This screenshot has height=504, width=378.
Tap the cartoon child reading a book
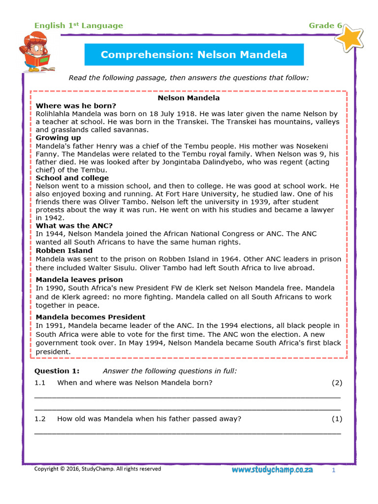pos(36,52)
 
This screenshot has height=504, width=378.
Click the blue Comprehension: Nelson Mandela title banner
pos(194,55)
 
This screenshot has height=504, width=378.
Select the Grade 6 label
pos(325,26)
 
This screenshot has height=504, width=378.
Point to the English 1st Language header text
pos(78,26)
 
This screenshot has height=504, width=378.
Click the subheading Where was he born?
pos(76,106)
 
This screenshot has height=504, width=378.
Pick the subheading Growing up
pos(58,138)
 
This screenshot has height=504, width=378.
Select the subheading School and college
pos(72,178)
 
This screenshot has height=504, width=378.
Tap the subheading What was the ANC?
pos(74,226)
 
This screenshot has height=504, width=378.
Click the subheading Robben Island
pos(64,251)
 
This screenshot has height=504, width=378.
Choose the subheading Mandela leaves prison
pos(79,280)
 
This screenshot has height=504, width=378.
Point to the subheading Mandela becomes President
pos(91,317)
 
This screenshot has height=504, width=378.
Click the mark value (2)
pos(337,382)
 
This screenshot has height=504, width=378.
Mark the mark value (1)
pos(337,419)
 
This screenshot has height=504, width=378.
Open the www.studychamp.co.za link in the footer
pos(272,470)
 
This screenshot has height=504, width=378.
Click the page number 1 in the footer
pos(333,471)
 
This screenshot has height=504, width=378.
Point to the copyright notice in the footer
pos(97,469)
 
